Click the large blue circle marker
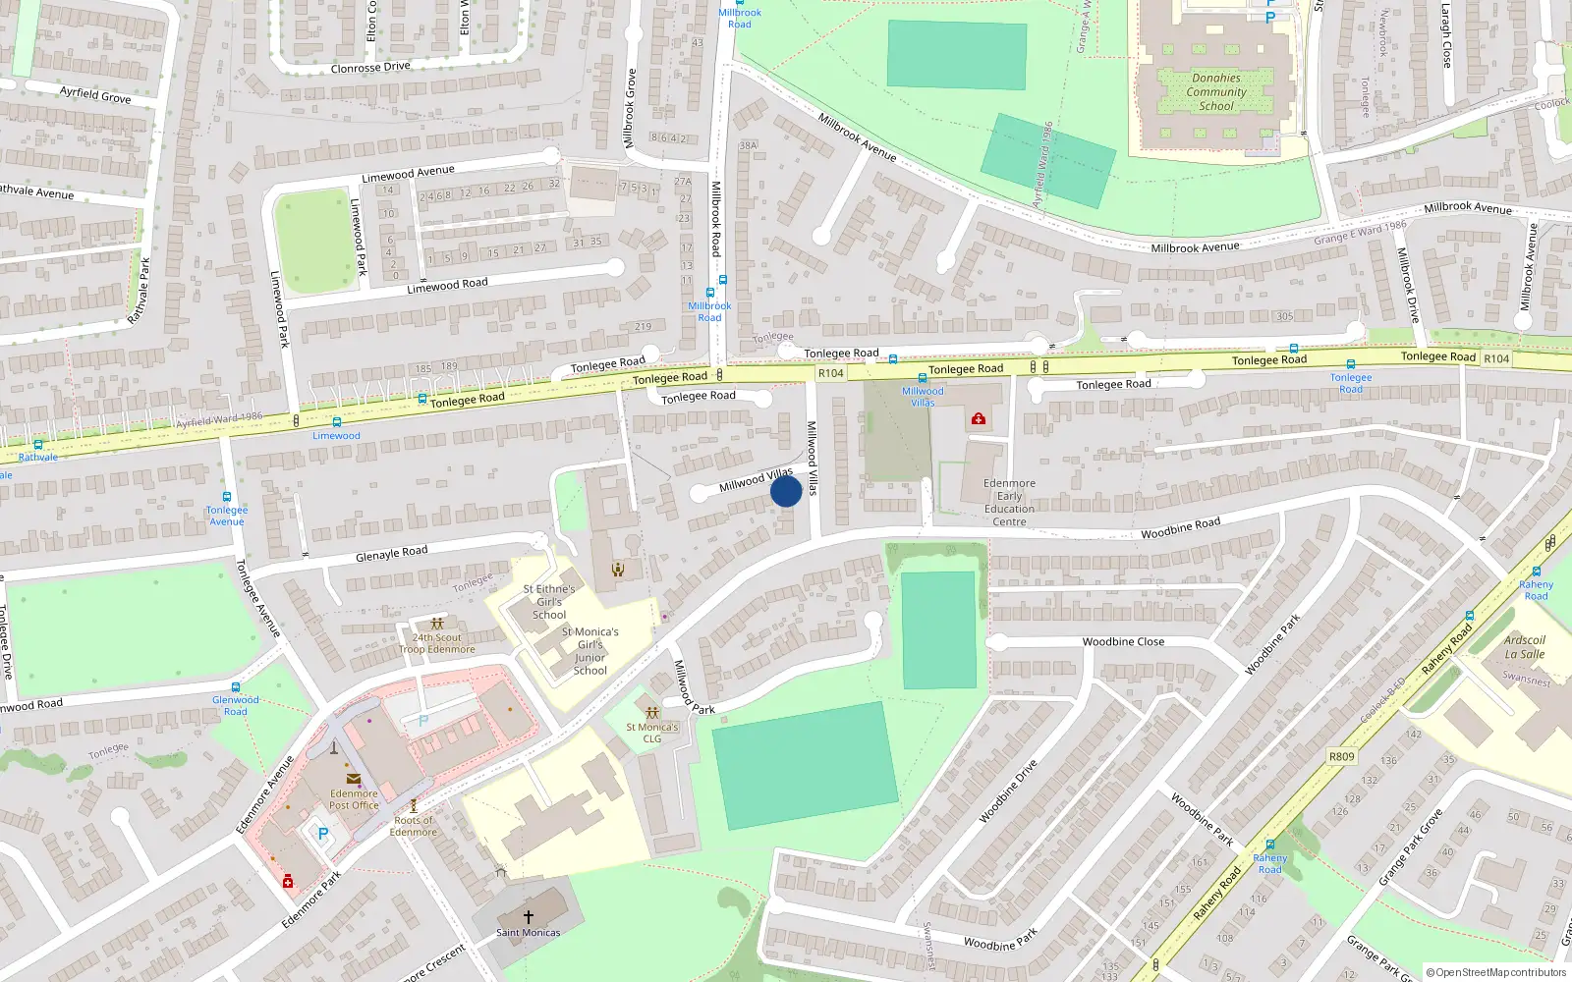pos(786,491)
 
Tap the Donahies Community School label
pos(1216,91)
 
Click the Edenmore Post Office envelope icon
pos(354,779)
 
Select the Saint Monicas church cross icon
pos(529,916)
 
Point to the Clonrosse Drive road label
pos(370,68)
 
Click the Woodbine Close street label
pos(1123,641)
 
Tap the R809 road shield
pos(1341,756)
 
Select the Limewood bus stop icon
pos(337,422)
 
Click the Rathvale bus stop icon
pos(38,445)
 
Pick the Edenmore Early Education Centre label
pos(1009,502)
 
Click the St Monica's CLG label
pos(652,733)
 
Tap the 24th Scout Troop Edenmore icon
pos(437,624)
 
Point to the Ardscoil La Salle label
pos(1524,646)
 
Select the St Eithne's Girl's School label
pos(549,601)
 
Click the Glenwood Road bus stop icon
pos(236,687)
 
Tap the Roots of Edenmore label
pos(414,826)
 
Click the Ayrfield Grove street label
pos(95,94)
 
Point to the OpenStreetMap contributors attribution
pos(1496,972)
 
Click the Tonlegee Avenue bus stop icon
pos(227,498)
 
